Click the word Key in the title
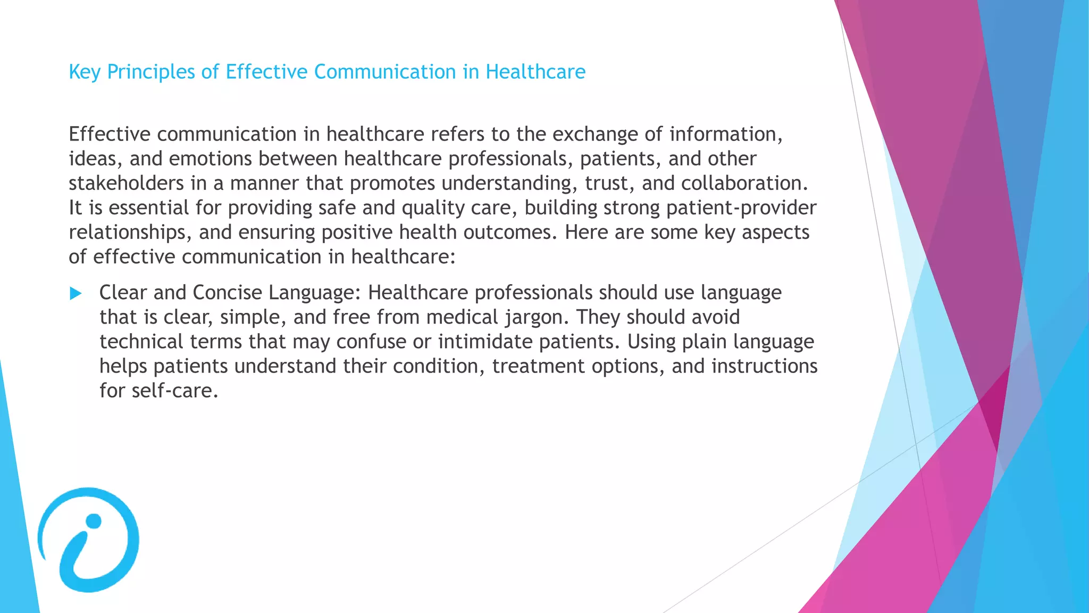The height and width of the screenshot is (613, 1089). pyautogui.click(x=85, y=72)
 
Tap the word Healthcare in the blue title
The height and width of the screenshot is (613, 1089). pyautogui.click(x=535, y=72)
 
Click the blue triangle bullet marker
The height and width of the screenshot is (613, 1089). pyautogui.click(x=76, y=293)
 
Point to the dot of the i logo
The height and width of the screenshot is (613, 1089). pyautogui.click(x=94, y=521)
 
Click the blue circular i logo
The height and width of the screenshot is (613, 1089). pyautogui.click(x=88, y=540)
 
